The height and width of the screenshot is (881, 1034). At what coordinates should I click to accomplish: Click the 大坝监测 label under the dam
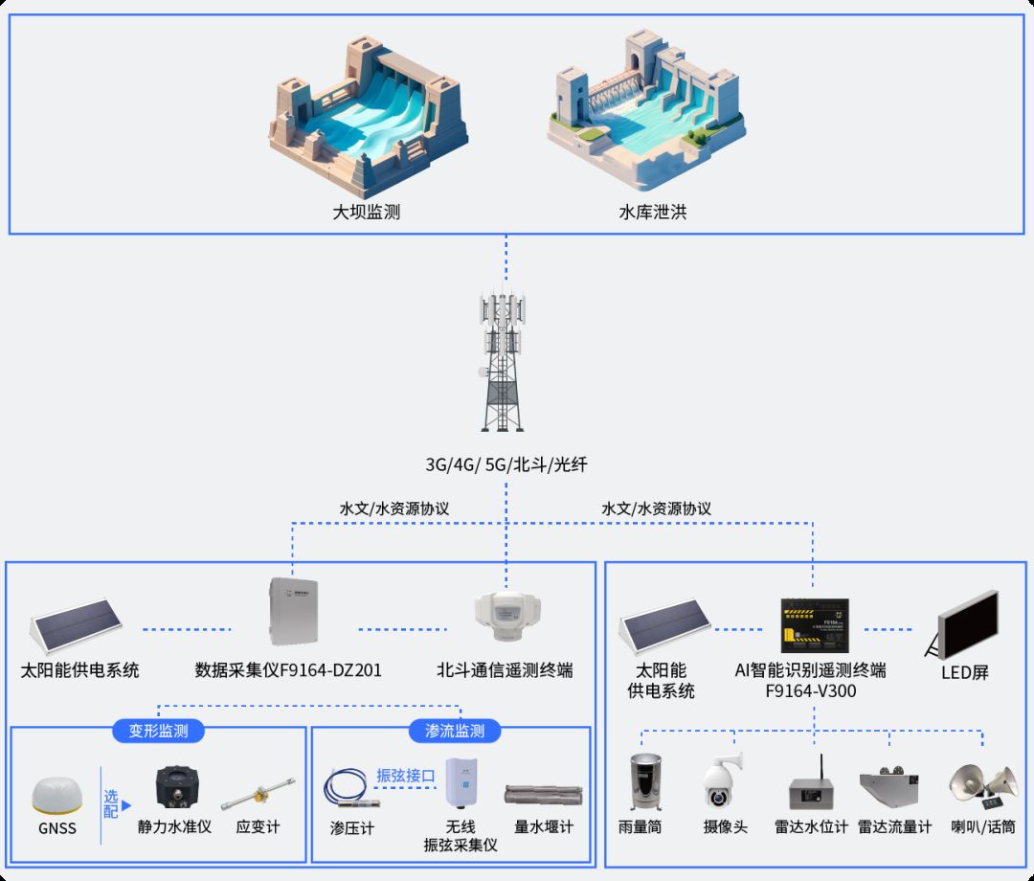(x=366, y=213)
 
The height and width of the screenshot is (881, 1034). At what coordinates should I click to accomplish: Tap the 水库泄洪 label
(x=653, y=213)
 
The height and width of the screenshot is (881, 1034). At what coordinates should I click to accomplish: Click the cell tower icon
(x=504, y=362)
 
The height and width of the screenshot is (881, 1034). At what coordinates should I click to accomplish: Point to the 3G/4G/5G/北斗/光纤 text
(x=506, y=465)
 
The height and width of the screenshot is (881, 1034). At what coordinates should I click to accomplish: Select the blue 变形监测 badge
(x=159, y=731)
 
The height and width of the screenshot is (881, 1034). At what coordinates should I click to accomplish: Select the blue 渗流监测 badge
(x=455, y=731)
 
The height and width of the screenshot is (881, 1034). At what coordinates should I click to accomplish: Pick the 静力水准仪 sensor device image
(x=177, y=787)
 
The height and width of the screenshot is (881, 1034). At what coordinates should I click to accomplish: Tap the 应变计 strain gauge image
(x=256, y=791)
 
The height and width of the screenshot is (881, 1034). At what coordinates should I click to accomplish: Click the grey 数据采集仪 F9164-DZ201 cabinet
(x=292, y=613)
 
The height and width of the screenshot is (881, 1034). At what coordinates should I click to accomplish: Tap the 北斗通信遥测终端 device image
(x=507, y=614)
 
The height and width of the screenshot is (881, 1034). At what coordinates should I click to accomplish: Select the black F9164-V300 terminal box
(x=814, y=622)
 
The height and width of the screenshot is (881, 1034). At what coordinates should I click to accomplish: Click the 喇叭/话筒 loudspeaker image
(x=982, y=784)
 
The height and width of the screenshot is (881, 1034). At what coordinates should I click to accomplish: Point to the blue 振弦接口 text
(x=406, y=775)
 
